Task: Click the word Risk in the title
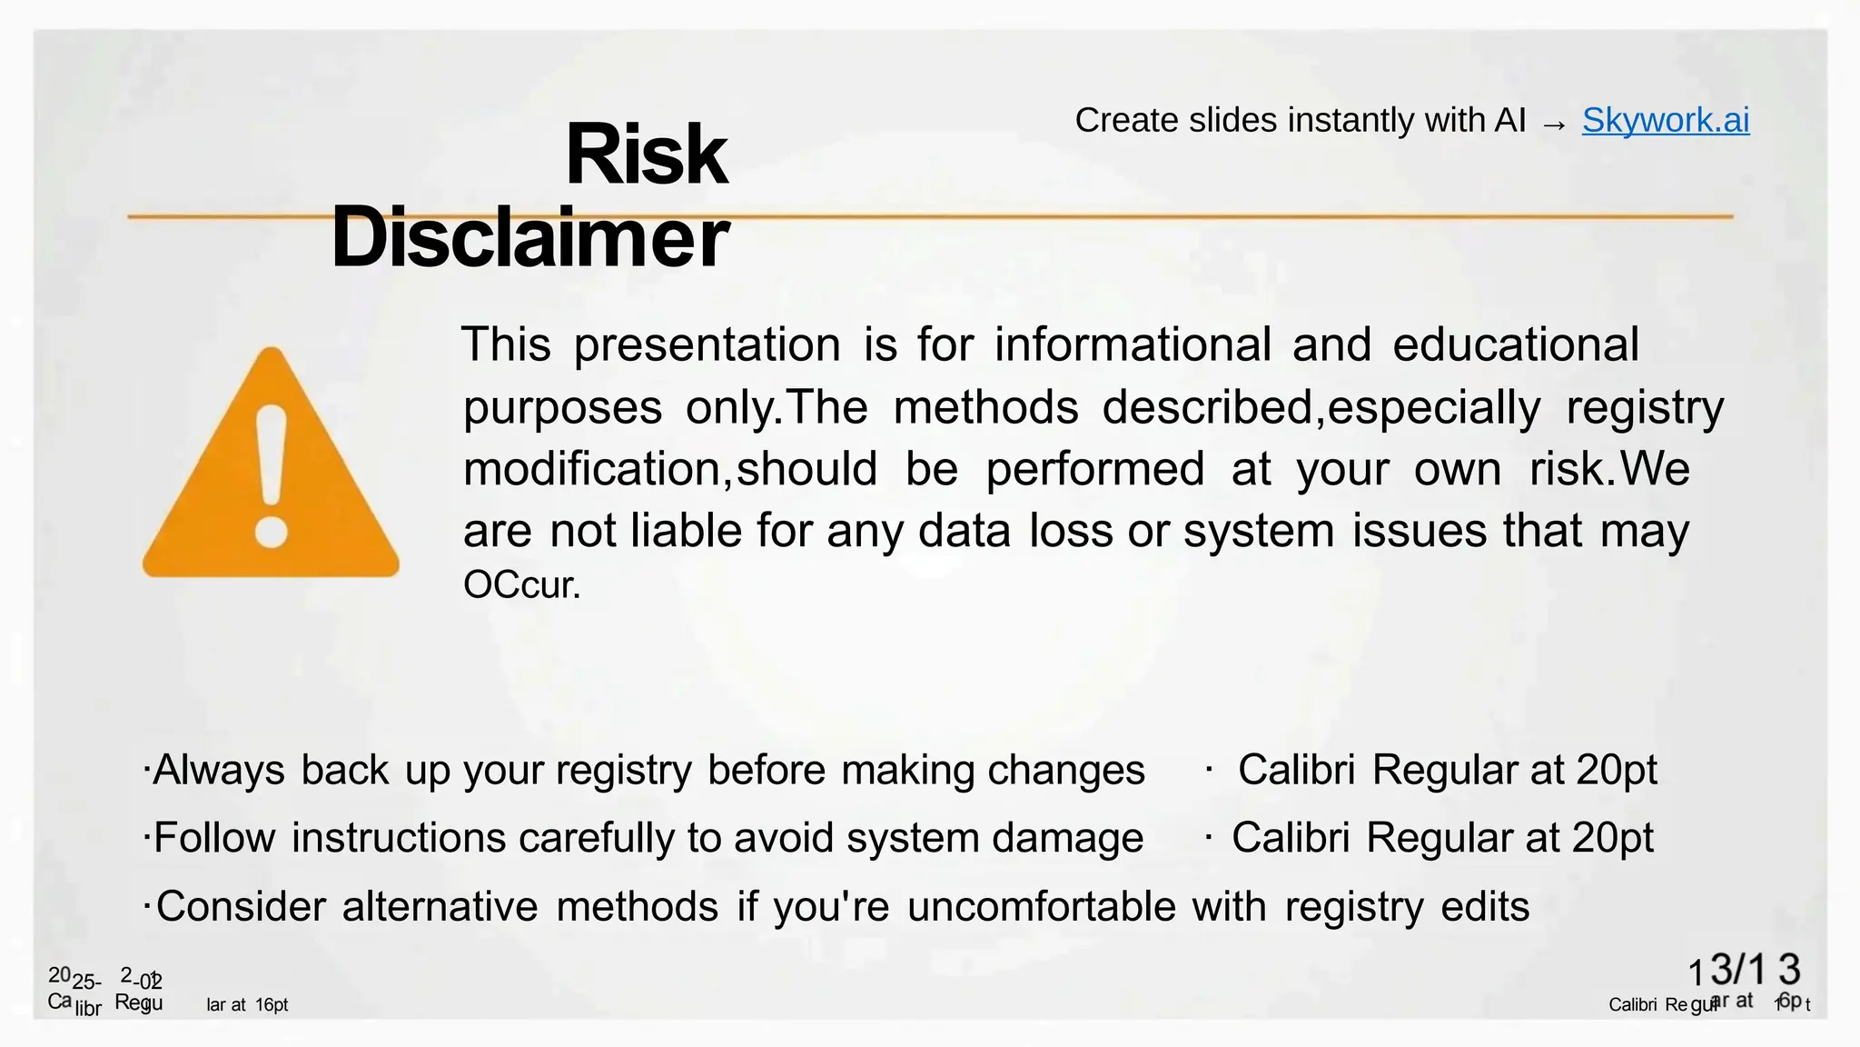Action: (646, 155)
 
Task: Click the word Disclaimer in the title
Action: (529, 237)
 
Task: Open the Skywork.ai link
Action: (1665, 120)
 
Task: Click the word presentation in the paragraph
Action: (707, 346)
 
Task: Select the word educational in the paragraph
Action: (1515, 345)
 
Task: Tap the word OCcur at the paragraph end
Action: (520, 585)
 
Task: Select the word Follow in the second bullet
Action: (214, 838)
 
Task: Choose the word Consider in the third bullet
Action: (241, 907)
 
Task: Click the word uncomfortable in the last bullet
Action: (1041, 907)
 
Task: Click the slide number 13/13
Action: (1744, 971)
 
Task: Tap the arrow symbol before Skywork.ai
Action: (1554, 123)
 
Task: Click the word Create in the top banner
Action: (1126, 120)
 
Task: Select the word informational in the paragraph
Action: (1133, 345)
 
